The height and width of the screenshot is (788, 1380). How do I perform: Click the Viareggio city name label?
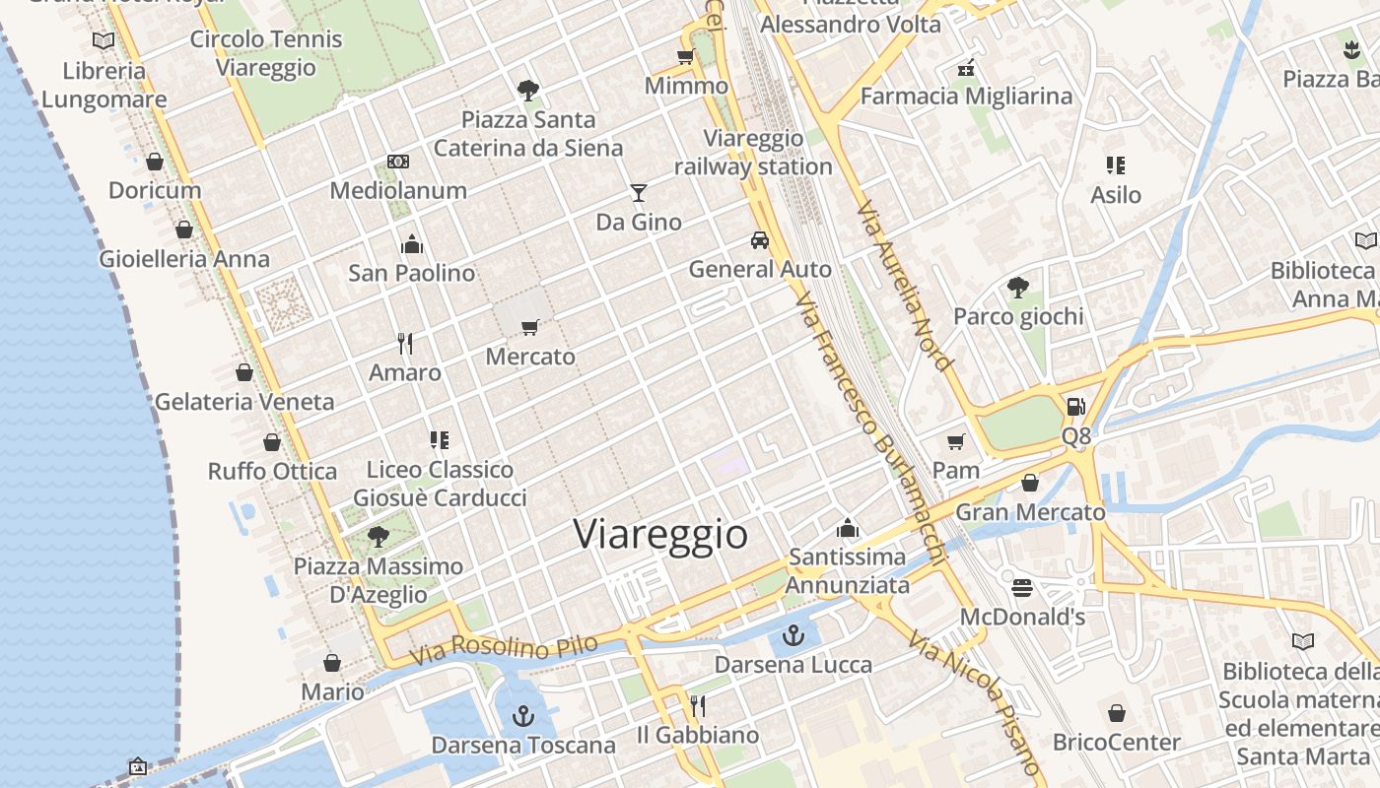pos(660,534)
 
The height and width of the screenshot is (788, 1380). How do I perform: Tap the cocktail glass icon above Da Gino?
pos(639,192)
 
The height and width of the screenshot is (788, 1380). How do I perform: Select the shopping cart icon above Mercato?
pos(530,326)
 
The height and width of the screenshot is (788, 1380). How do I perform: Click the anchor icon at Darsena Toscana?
pos(523,716)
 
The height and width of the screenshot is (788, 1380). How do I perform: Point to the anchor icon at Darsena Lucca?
pos(793,635)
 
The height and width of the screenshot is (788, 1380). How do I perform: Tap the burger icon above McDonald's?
pos(1022,588)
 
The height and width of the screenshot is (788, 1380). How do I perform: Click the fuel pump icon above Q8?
pos(1076,406)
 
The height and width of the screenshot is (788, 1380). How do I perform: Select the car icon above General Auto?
pos(759,239)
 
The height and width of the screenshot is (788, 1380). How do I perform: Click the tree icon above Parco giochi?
pos(1018,288)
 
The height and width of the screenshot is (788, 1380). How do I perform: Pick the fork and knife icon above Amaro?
pos(405,343)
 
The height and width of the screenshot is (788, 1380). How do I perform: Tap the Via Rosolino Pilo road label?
pos(504,650)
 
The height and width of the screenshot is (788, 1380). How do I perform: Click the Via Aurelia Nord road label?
pos(905,287)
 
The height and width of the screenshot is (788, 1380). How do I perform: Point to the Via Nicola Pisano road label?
pos(974,703)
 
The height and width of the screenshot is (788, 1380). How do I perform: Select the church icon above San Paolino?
pos(412,243)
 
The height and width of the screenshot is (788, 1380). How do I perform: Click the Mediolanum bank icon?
pos(398,162)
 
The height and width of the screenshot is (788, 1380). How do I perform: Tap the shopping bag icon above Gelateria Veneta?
pos(244,372)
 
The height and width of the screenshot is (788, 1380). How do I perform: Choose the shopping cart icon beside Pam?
pos(955,441)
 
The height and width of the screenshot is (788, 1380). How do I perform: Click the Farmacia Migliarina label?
pos(966,96)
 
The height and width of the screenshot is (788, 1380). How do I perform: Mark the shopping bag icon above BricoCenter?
pos(1117,712)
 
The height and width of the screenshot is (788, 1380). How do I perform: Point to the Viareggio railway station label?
pos(753,153)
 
